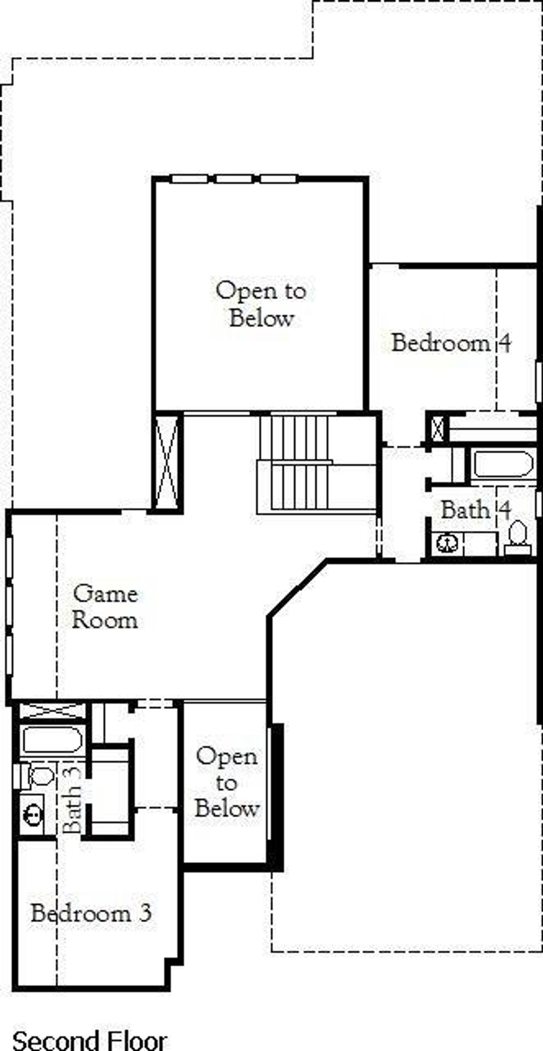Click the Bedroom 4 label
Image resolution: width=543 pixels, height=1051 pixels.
tap(451, 343)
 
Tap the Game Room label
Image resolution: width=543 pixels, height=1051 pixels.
tap(105, 607)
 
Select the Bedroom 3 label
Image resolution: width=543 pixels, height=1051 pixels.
tap(91, 913)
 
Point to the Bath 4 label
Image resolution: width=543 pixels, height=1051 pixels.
tap(476, 510)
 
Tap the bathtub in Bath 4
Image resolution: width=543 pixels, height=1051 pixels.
tap(502, 465)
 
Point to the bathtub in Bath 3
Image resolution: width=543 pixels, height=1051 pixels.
tap(52, 740)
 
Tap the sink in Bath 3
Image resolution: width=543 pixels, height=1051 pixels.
tap(32, 814)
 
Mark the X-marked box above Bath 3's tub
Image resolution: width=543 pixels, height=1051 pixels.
tap(51, 711)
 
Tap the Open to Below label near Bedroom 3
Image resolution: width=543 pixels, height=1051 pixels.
tap(227, 783)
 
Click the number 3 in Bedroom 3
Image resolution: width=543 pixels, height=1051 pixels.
tap(146, 913)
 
